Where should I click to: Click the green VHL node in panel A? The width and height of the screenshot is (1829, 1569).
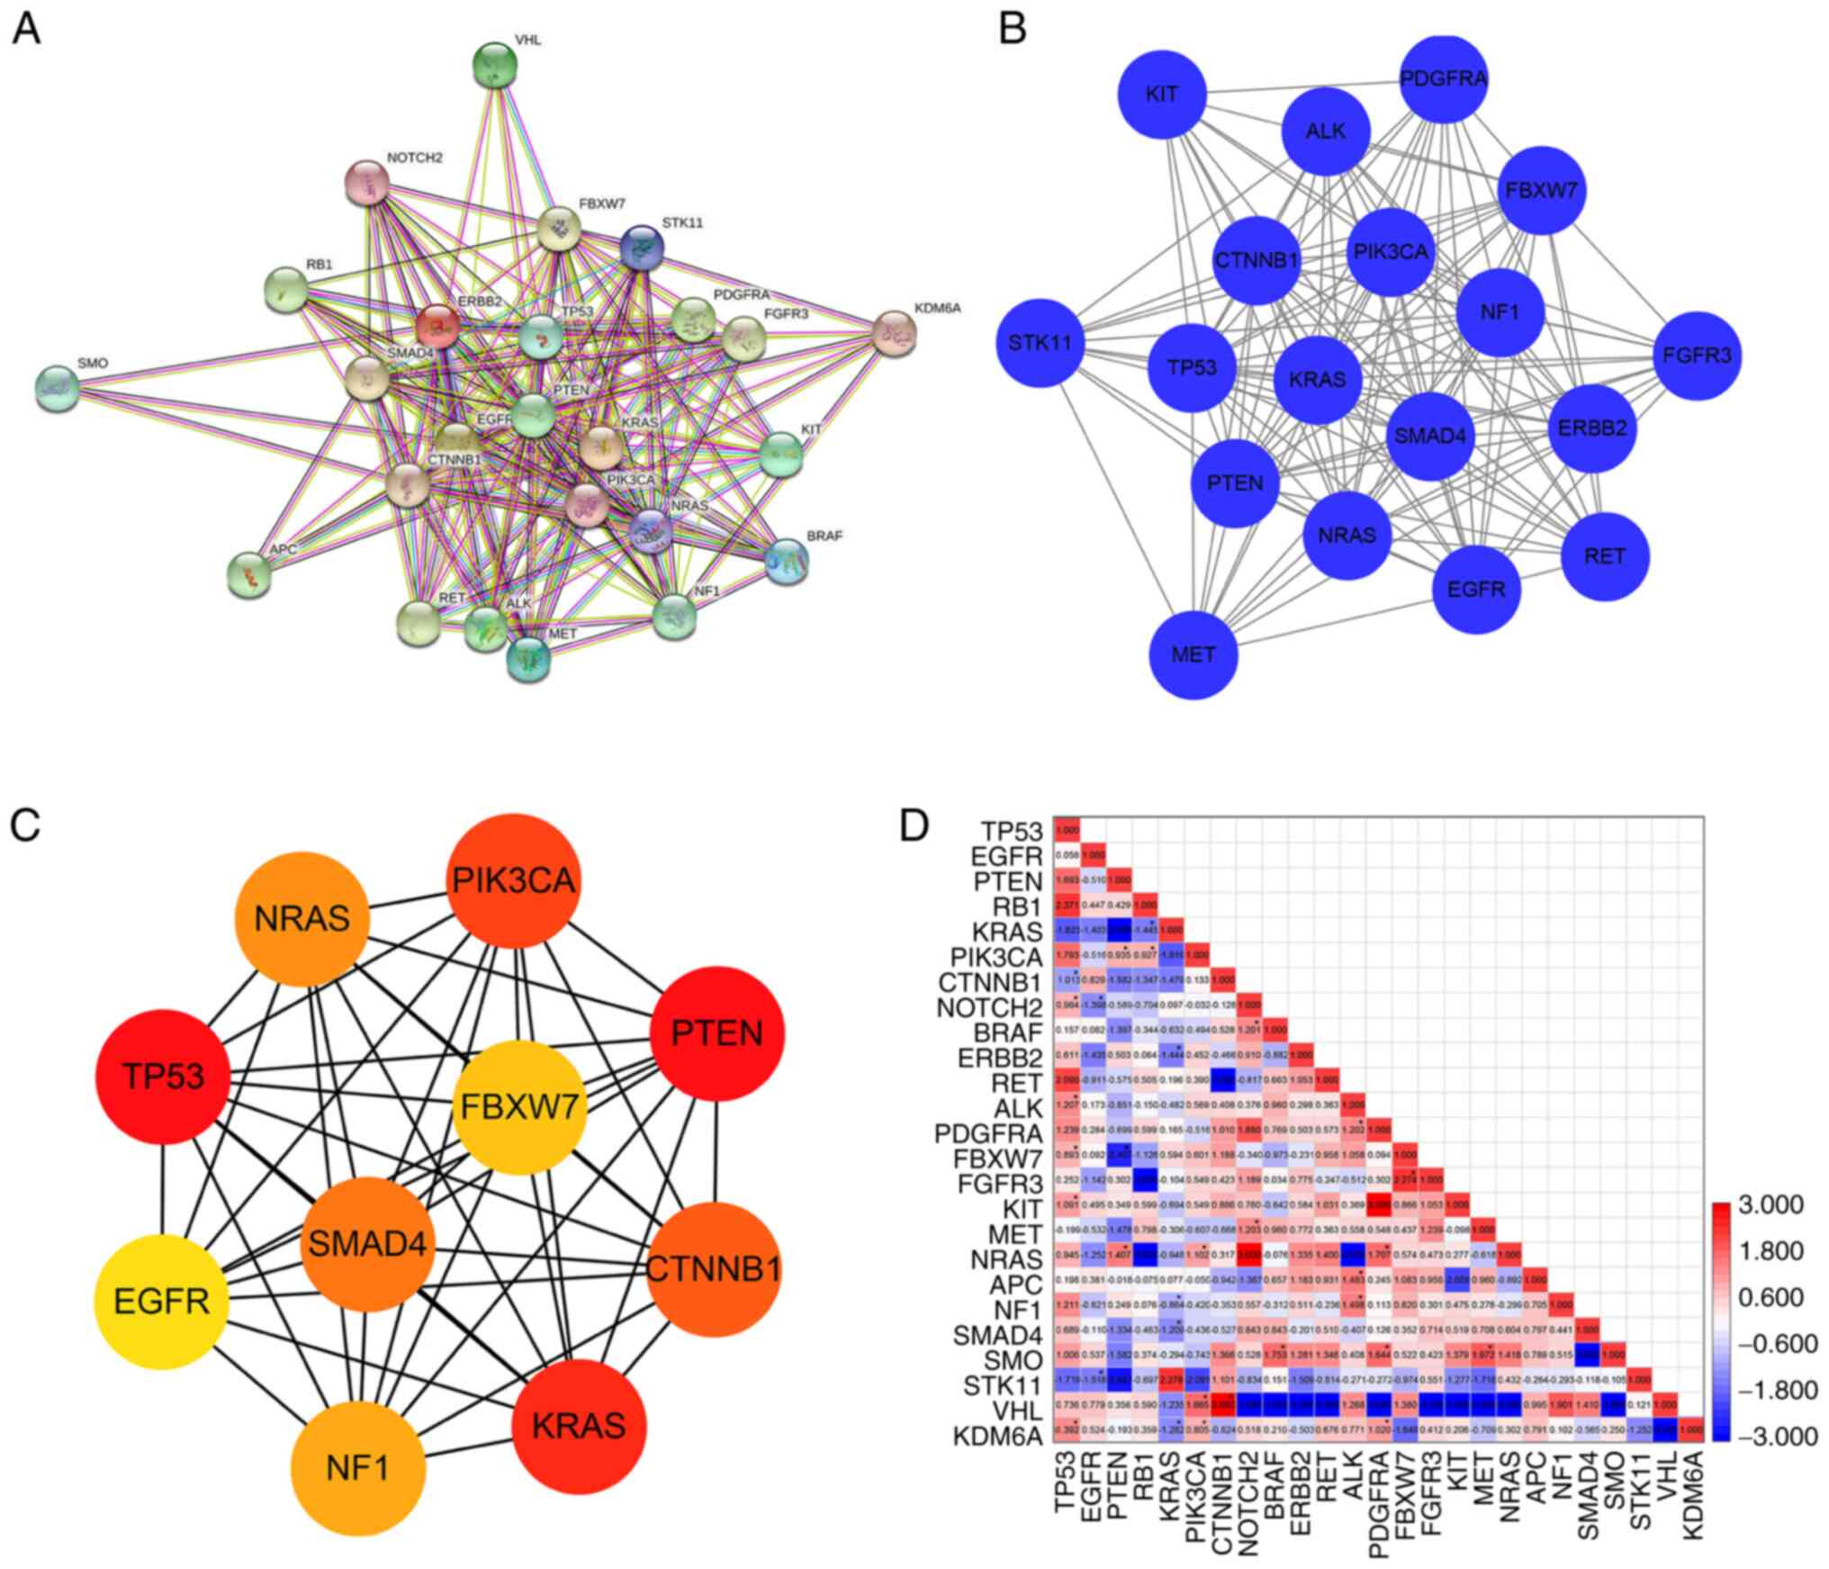pyautogui.click(x=494, y=65)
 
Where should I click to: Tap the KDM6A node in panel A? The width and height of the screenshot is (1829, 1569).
pyautogui.click(x=895, y=333)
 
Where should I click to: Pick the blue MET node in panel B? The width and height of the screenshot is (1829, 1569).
pyautogui.click(x=1194, y=654)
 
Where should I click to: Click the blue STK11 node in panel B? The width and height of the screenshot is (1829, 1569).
pyautogui.click(x=1040, y=342)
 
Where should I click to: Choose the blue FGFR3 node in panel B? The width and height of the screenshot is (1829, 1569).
pyautogui.click(x=1698, y=355)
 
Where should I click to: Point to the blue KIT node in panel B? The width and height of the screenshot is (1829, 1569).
pyautogui.click(x=1161, y=94)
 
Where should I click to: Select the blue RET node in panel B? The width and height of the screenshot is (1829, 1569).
pyautogui.click(x=1605, y=555)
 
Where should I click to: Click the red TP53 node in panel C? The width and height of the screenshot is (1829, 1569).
pyautogui.click(x=163, y=1077)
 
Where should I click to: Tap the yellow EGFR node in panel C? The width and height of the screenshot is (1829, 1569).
pyautogui.click(x=162, y=1300)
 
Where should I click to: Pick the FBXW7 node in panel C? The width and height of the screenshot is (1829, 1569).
pyautogui.click(x=522, y=1105)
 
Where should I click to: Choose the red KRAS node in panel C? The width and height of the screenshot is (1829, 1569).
pyautogui.click(x=579, y=1425)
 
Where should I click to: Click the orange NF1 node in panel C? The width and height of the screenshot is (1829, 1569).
pyautogui.click(x=357, y=1468)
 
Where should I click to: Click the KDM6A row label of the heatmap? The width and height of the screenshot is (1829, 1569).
pyautogui.click(x=997, y=1436)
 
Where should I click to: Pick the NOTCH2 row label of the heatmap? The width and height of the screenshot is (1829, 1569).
pyautogui.click(x=990, y=1007)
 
